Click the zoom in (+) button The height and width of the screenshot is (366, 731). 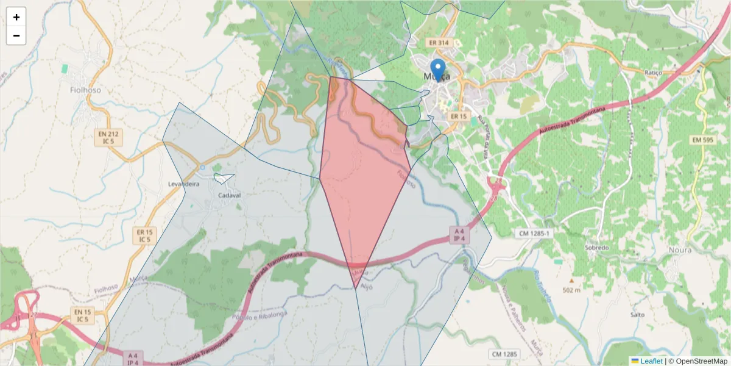point(16,17)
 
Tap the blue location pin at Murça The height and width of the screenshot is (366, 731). point(437,70)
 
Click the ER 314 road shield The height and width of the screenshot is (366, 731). point(438,43)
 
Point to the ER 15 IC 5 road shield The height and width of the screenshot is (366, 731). point(144,235)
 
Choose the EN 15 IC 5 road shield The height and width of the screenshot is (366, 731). point(82,315)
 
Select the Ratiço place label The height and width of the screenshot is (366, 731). point(653,73)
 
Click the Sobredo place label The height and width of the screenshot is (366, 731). point(596,248)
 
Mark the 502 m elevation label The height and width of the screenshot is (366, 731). point(572,289)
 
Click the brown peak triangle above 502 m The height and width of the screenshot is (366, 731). point(571,281)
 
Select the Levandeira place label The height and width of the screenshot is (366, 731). point(183,184)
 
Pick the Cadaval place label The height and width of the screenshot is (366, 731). point(230,196)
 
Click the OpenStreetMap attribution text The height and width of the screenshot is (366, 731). point(697,361)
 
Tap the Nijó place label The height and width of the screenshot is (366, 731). point(367,286)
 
